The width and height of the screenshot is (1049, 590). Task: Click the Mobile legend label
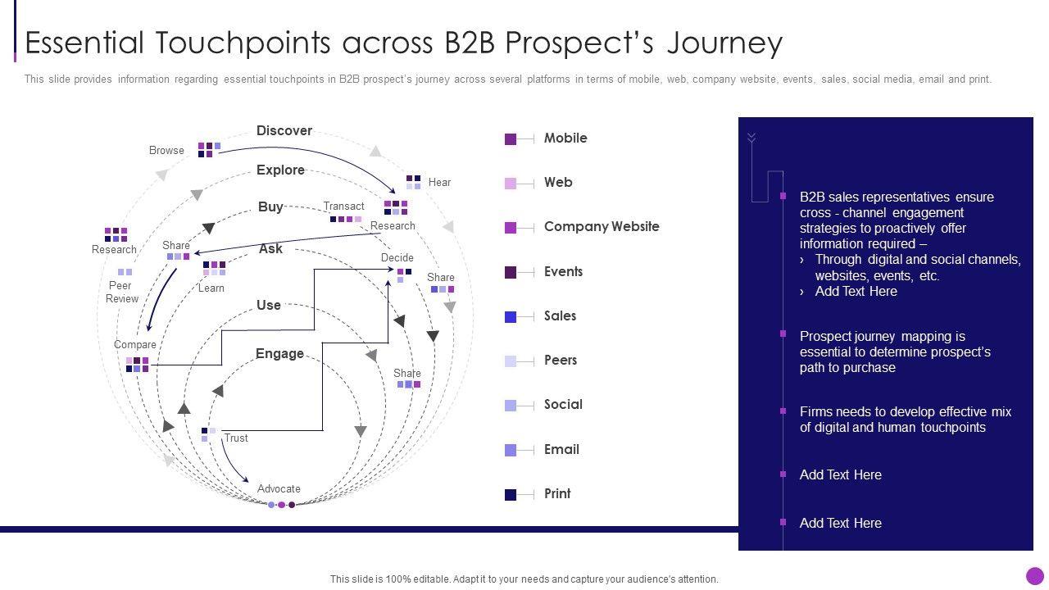565,138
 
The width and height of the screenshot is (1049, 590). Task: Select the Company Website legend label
601,227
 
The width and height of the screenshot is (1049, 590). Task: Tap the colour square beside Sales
511,316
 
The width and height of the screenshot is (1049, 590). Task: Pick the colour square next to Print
511,494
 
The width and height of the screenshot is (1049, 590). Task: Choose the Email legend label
561,449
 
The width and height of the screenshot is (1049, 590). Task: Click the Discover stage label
284,131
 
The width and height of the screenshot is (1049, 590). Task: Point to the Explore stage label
280,170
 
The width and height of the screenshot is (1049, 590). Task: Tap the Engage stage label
279,354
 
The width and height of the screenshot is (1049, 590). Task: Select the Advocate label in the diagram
279,489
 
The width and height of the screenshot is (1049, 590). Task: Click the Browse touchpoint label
166,151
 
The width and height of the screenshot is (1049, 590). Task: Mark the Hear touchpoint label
439,183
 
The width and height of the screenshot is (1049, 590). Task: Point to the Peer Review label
121,293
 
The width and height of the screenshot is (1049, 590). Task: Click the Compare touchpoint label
134,345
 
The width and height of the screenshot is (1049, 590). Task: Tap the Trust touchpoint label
236,438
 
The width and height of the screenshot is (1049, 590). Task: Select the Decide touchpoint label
397,258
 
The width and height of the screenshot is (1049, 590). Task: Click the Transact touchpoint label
343,206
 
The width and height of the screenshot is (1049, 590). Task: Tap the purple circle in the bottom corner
1035,576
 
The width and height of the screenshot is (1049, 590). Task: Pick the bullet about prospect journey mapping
895,352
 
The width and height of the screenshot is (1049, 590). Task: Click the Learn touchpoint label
211,288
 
